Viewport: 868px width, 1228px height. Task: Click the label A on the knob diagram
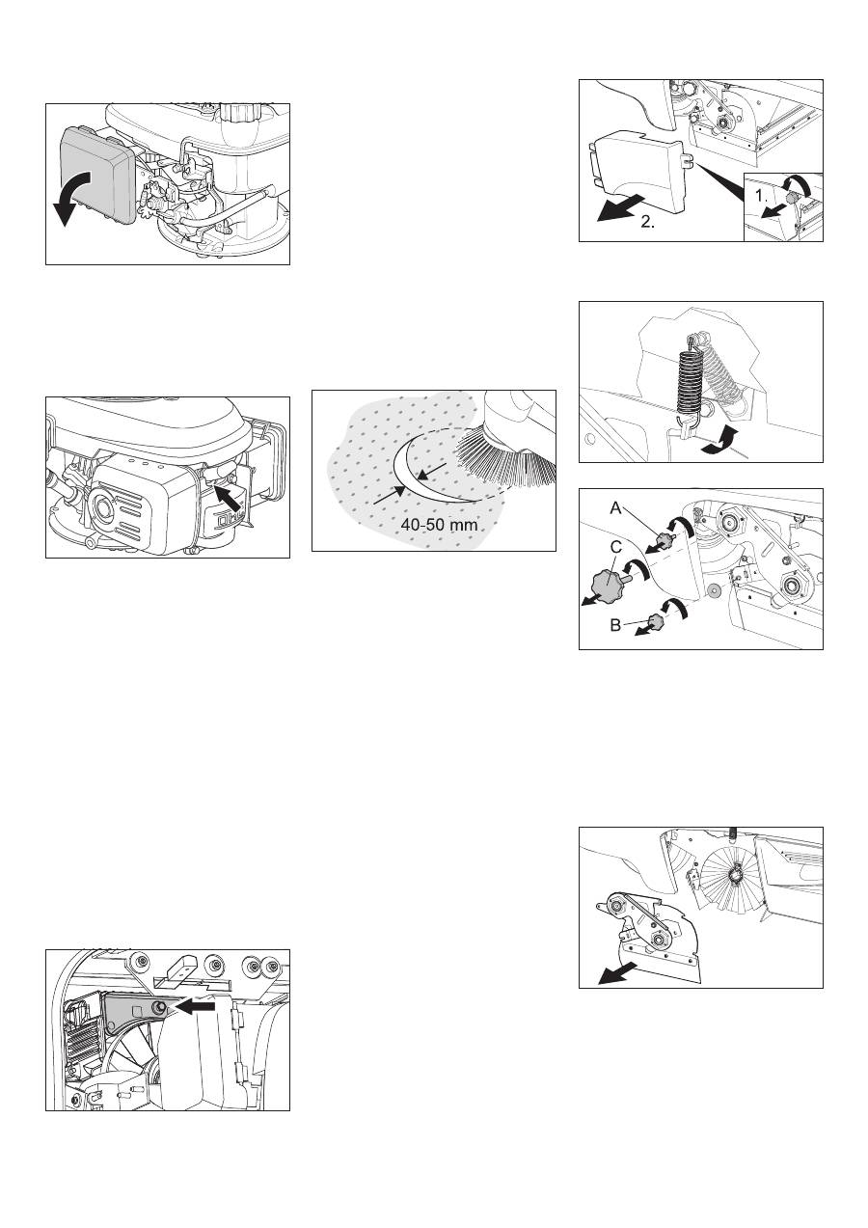(616, 508)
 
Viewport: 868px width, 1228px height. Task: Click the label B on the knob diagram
(615, 625)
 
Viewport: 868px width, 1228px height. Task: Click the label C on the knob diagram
(616, 548)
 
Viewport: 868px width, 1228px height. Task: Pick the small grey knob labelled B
(656, 621)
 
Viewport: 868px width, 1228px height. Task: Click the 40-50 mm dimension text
(439, 524)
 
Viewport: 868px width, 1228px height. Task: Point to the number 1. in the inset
(761, 196)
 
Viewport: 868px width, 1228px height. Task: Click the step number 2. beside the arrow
(647, 223)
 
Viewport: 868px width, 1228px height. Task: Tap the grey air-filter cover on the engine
(96, 172)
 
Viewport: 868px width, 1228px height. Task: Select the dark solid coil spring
(692, 378)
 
